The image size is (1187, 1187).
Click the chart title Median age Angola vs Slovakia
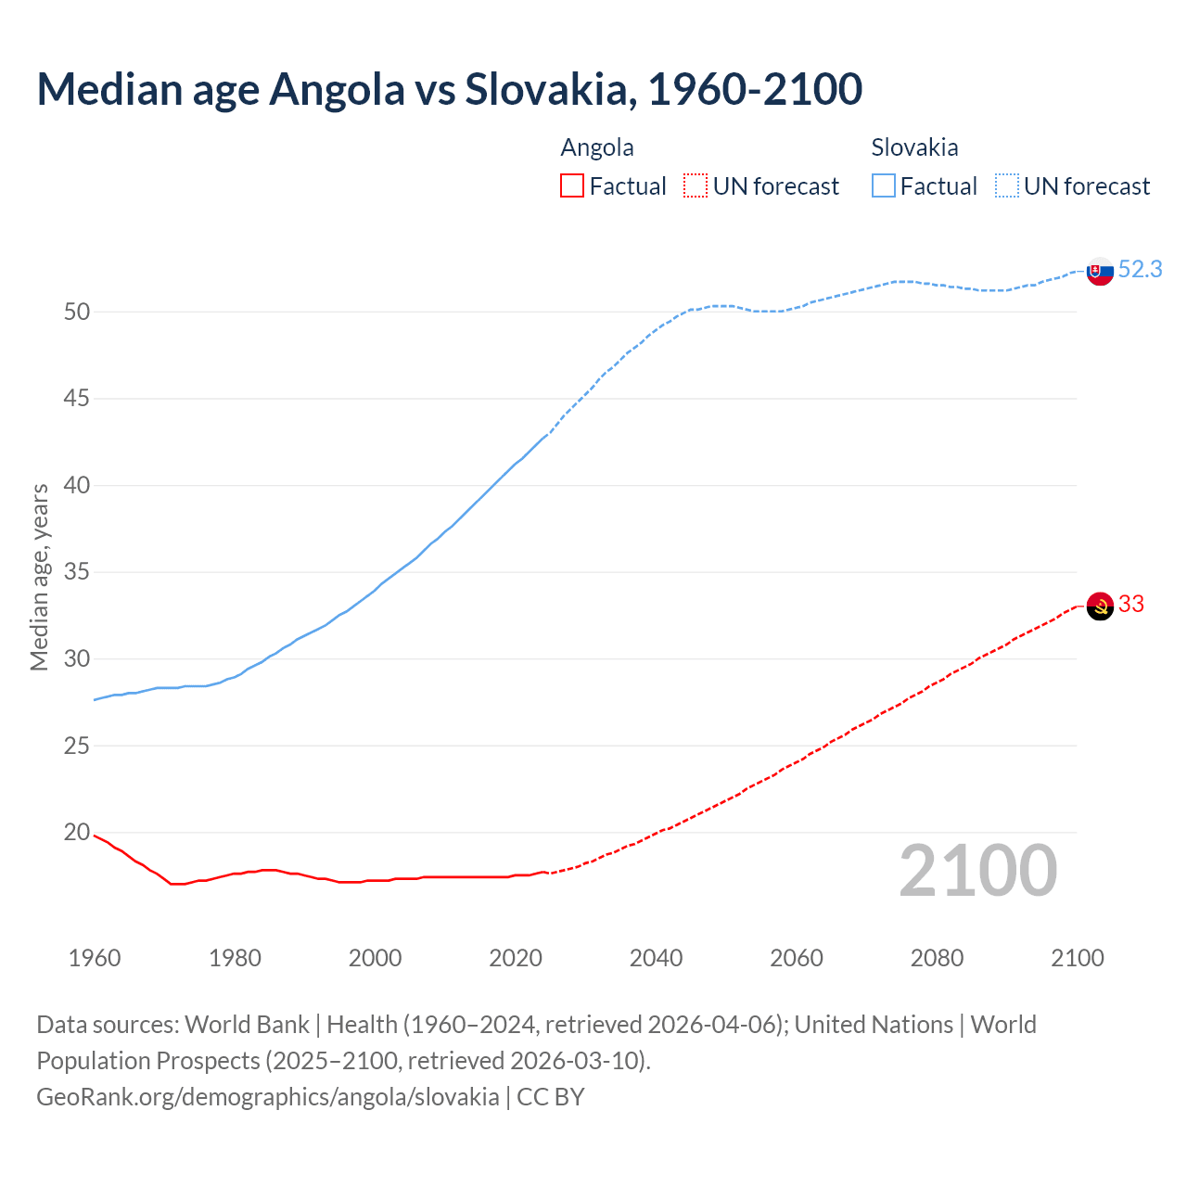(449, 89)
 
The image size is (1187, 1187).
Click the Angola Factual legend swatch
(572, 185)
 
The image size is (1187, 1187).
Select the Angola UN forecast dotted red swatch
(696, 185)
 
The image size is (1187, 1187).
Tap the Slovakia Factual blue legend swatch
(883, 185)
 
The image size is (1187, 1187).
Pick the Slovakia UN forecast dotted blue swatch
(1007, 185)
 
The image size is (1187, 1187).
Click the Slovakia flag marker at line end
(1099, 272)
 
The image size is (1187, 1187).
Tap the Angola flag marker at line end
(1099, 606)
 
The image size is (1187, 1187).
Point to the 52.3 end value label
(1140, 269)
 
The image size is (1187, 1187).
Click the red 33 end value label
(1131, 604)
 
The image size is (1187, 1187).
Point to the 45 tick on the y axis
(77, 399)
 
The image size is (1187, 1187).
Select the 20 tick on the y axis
(77, 832)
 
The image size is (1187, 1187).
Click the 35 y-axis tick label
(77, 572)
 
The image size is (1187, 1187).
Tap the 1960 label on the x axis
(95, 958)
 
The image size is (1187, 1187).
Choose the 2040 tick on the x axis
(656, 958)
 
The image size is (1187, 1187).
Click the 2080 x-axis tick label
(937, 958)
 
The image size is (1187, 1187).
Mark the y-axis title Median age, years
(39, 577)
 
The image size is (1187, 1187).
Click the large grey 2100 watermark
(977, 870)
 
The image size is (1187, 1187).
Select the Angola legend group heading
(597, 147)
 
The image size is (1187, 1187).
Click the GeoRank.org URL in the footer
(267, 1097)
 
